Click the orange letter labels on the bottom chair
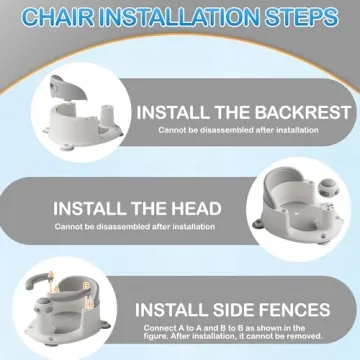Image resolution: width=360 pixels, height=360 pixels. [x=86, y=291]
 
